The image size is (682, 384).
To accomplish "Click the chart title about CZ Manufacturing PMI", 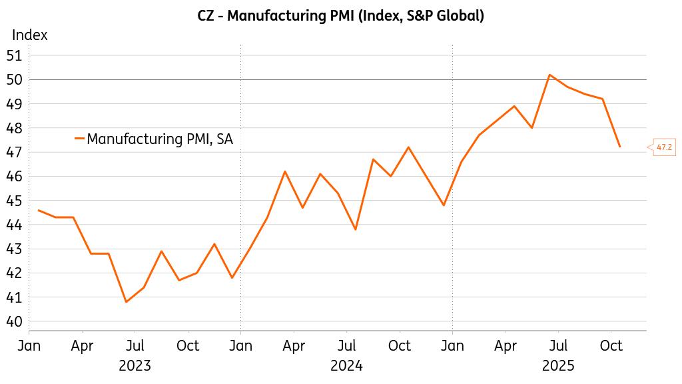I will [340, 15].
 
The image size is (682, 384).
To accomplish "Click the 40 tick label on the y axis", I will [15, 321].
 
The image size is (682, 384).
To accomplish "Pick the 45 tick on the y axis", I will [15, 201].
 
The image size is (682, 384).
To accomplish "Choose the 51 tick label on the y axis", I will [15, 55].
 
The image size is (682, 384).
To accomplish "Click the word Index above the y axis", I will [30, 35].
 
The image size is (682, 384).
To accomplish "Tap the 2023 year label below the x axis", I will [135, 365].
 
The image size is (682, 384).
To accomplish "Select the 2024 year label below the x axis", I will [346, 365].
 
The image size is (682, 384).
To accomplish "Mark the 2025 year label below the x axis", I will [558, 365].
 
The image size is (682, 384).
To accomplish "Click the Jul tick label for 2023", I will [135, 345].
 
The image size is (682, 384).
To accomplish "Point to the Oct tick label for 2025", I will [611, 345].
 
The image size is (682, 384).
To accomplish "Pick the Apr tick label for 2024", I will [294, 345].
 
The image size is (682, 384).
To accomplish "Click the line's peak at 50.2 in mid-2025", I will [549, 75].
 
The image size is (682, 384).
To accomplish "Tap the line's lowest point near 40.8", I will [126, 302].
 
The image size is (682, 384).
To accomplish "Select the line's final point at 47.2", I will [620, 147].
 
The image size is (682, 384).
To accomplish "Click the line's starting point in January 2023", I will [39, 210].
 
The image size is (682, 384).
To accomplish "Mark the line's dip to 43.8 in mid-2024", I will [356, 229].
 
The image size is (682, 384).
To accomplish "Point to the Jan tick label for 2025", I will [452, 345].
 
